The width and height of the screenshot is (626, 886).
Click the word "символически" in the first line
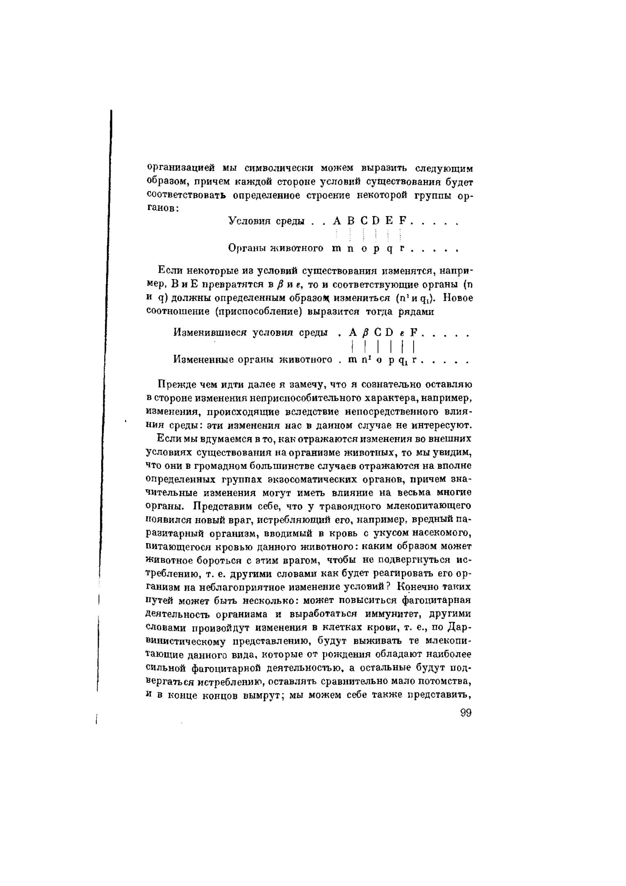279,168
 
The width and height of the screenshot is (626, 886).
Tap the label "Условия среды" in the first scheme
266,221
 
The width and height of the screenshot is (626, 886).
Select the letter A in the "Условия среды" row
337,221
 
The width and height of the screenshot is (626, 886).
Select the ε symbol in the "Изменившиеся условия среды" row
403,333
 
